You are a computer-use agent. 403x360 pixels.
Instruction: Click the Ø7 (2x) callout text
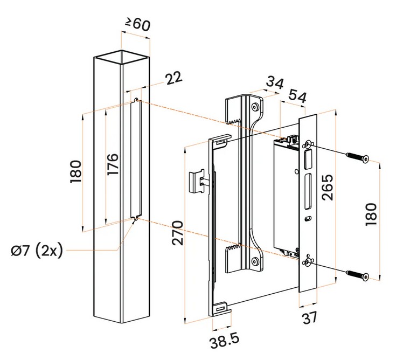37,251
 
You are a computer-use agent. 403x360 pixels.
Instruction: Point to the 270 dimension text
178,232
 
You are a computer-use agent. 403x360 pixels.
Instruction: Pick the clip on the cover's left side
197,181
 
